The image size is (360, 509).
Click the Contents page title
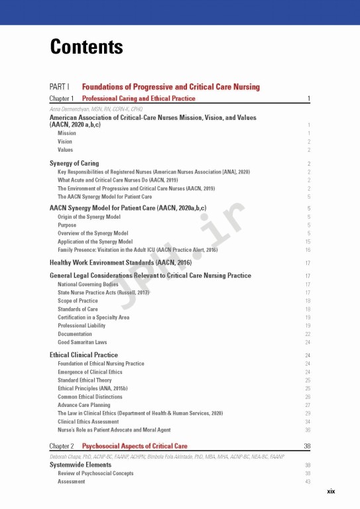tap(86, 48)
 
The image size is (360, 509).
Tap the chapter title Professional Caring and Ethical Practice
tap(139, 99)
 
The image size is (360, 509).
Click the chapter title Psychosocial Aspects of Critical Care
tap(135, 446)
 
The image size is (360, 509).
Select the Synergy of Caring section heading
tap(74, 163)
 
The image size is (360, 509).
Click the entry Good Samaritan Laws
tap(82, 343)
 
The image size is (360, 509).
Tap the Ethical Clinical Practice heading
tap(84, 355)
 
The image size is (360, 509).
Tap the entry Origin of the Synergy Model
tap(89, 217)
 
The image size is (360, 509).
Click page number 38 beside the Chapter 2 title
tap(307, 447)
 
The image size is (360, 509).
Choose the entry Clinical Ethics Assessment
tap(88, 422)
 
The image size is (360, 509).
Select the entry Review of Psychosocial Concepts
tap(95, 473)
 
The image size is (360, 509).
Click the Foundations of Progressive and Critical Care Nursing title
tap(171, 87)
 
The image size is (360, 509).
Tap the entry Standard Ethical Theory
tap(86, 380)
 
